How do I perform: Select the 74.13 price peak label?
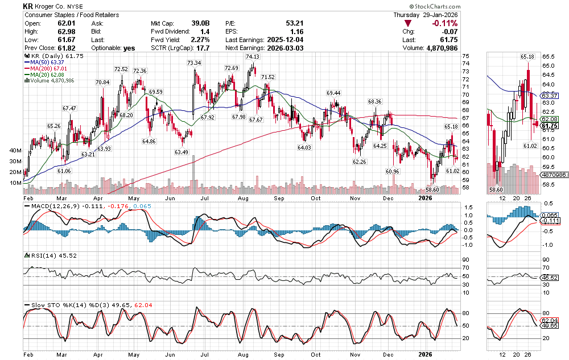coord(253,57)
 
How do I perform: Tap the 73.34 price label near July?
coord(194,63)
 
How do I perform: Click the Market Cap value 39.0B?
coord(200,23)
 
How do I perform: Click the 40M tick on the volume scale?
coord(15,151)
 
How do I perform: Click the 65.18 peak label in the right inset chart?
coord(526,57)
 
